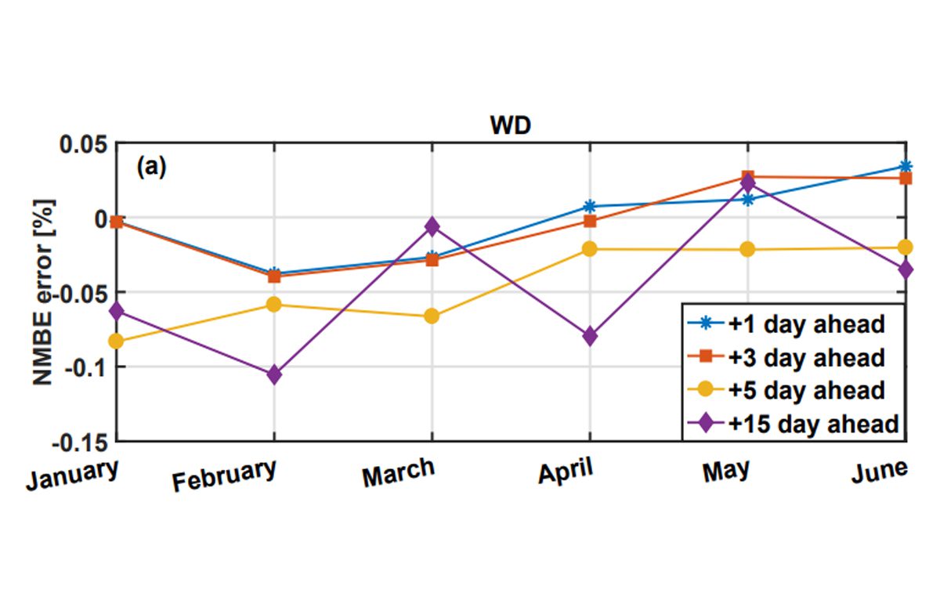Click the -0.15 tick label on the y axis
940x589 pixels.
tap(80, 441)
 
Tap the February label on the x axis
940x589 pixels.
tap(225, 475)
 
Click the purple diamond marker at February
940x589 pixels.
tap(274, 375)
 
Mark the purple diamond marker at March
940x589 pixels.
tap(432, 226)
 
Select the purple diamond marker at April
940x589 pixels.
tap(590, 337)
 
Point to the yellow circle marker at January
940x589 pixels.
tap(117, 341)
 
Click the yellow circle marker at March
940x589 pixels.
tap(432, 316)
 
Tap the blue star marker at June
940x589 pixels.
tap(906, 166)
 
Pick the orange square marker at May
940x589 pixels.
tap(748, 177)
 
